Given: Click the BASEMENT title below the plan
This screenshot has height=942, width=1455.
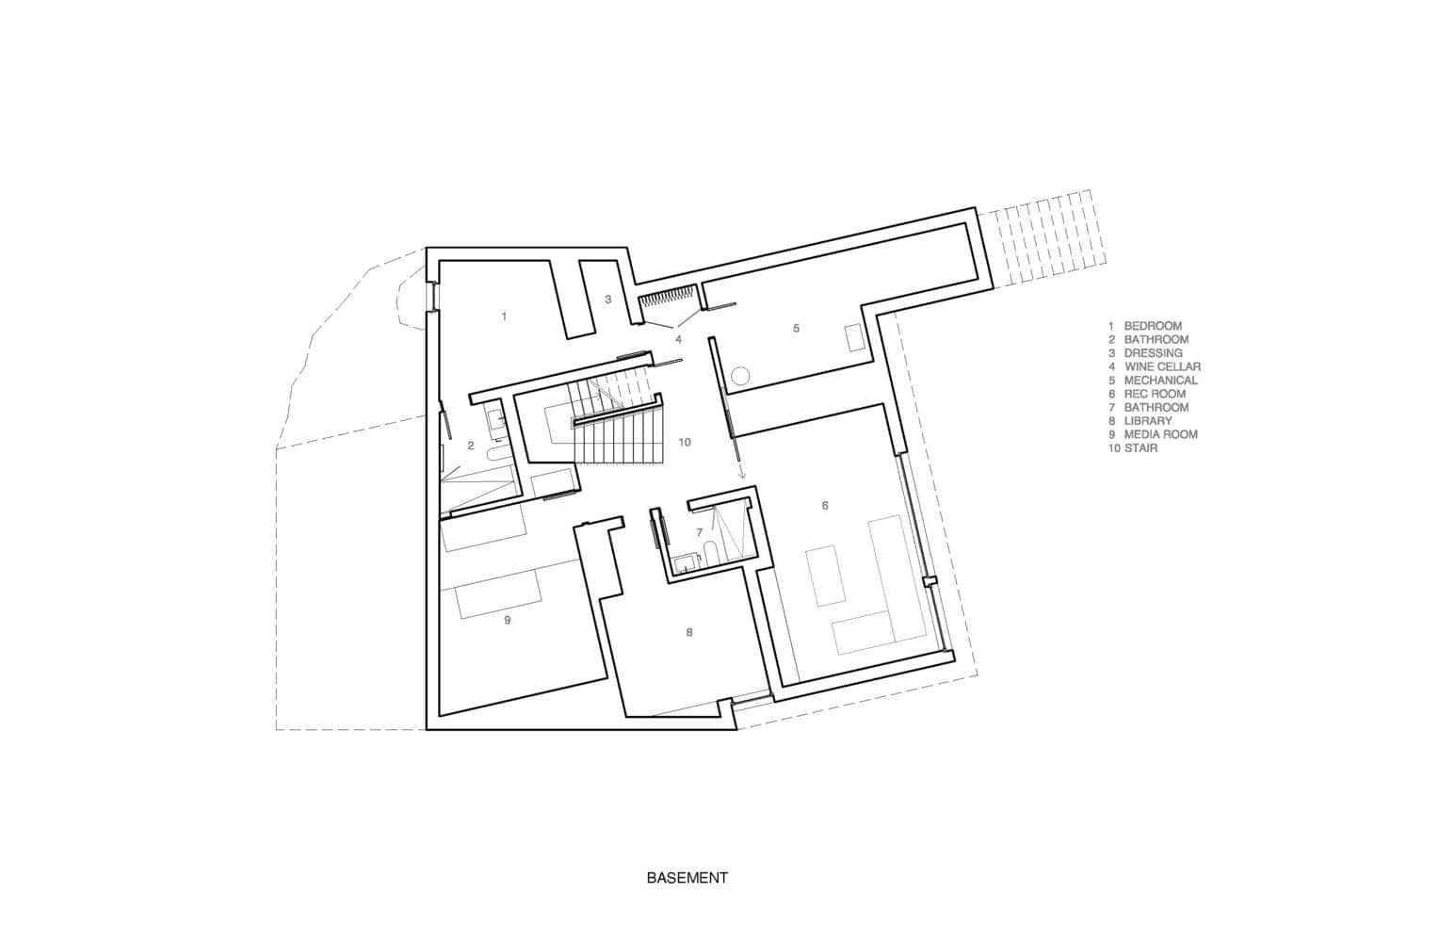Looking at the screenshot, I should (687, 878).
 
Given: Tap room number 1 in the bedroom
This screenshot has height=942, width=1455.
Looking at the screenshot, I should (504, 317).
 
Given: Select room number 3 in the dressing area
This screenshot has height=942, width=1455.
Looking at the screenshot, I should (608, 300).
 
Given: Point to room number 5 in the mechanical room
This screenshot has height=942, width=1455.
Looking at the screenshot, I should (796, 328).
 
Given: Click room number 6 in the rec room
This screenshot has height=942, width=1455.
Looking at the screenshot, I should (825, 506).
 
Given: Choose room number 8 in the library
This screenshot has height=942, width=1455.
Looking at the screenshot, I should (689, 632).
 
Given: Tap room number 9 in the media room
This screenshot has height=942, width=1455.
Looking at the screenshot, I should (507, 619).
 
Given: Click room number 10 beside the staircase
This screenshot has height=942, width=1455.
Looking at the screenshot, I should (685, 442).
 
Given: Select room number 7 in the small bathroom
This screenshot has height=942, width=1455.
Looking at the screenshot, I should (699, 532).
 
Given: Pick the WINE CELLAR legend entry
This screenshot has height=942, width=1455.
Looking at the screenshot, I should (1161, 366).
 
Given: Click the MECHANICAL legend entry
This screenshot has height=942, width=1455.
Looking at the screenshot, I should (1160, 381).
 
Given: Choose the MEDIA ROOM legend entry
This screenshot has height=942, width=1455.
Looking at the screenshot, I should (1160, 434).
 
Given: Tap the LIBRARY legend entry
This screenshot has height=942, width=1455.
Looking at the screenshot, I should (1147, 421).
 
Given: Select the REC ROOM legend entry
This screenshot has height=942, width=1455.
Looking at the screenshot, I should (1154, 394).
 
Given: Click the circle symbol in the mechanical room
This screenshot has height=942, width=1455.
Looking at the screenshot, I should (740, 375).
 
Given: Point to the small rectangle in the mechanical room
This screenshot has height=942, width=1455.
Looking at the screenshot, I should (856, 338).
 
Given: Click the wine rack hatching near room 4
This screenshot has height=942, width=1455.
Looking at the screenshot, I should (668, 300).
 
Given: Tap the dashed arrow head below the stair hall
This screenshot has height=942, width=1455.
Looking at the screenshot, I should (741, 477).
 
